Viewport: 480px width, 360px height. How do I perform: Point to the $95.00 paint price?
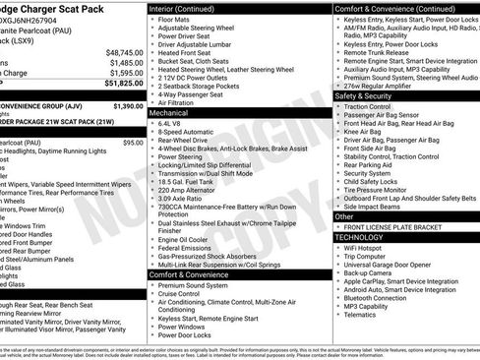coord(132,143)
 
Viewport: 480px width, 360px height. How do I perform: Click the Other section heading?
coord(344,216)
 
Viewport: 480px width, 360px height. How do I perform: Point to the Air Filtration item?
coord(180,102)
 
